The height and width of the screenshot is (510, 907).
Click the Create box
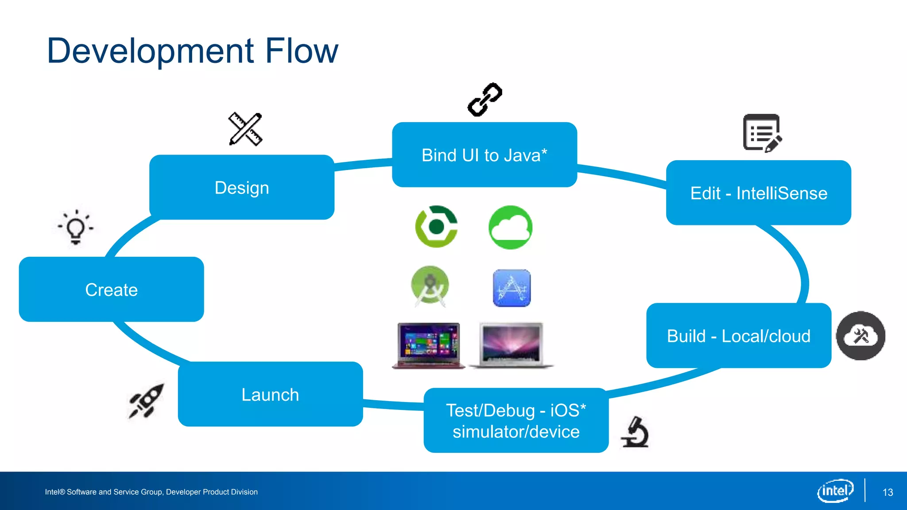coord(111,290)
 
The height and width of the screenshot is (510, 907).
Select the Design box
coord(242,187)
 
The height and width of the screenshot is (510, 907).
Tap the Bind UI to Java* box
coord(484,155)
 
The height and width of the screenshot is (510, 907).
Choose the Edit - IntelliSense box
coord(758,193)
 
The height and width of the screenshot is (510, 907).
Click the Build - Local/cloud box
coord(738,336)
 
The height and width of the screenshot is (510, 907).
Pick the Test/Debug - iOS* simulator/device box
coord(516,421)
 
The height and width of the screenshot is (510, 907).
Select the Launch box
coord(270,394)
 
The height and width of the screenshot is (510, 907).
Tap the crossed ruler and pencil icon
coord(245,129)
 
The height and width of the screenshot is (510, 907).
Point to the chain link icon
coord(485,100)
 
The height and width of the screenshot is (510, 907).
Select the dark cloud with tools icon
coord(860,336)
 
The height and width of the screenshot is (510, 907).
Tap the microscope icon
coord(636,432)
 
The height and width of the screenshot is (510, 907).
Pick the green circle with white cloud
coord(510,227)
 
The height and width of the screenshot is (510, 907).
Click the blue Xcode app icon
coord(512,288)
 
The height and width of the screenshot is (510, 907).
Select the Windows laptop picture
coord(428,345)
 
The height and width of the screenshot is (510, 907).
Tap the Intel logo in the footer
coord(835,491)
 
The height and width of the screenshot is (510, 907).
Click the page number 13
coord(888,492)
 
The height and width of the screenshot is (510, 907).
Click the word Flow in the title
coord(301,50)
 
